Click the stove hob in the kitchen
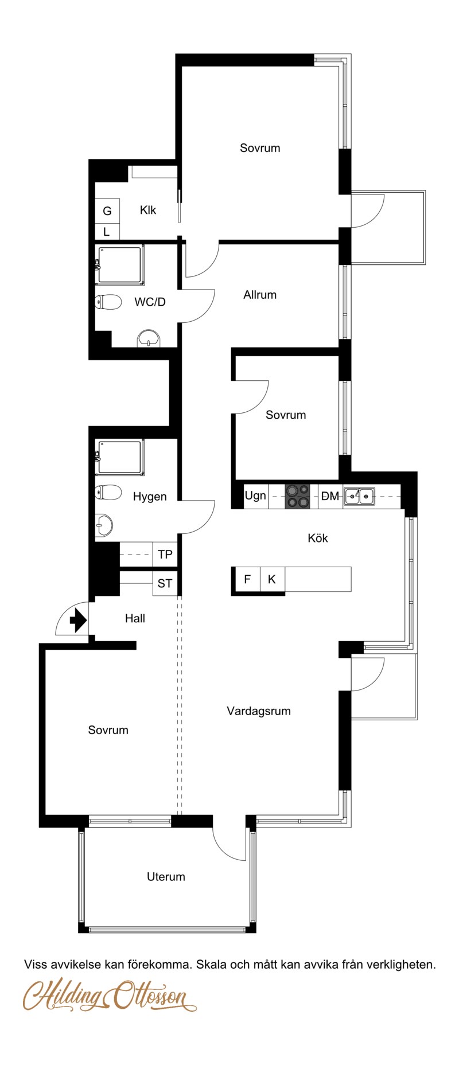pos(297,496)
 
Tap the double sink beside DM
pos(359,496)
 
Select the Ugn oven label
pos(255,496)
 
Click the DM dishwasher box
pos(330,496)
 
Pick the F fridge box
pos(247,579)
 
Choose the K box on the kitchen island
pos(272,579)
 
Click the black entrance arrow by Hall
pos(77,620)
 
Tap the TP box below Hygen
pos(165,555)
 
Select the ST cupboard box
pos(165,583)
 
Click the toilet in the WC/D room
pos(108,302)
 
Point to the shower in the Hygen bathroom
pos(120,457)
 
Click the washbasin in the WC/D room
pos(149,339)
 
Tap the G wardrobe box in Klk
pos(107,211)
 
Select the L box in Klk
pos(107,232)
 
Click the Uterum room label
pos(166,876)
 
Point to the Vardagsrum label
pos(259,711)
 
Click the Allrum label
pos(260,295)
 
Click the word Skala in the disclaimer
pos(211,965)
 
